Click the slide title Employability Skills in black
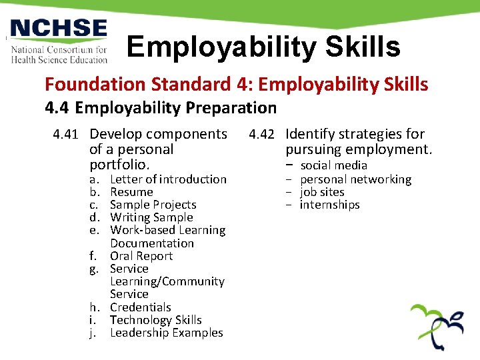click(x=263, y=47)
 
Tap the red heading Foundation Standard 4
click(x=236, y=85)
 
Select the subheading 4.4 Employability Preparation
click(x=160, y=107)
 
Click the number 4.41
click(x=67, y=134)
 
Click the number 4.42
click(x=262, y=134)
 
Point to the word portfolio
click(x=119, y=164)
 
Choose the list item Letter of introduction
click(x=168, y=179)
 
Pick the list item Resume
click(x=131, y=192)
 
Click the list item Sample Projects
click(x=153, y=205)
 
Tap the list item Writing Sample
click(x=151, y=217)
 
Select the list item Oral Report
click(x=141, y=256)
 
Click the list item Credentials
click(x=140, y=307)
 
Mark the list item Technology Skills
click(x=155, y=320)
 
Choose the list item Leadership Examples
click(x=166, y=333)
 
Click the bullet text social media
click(x=333, y=165)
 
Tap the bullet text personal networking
click(x=355, y=179)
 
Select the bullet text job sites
click(x=322, y=192)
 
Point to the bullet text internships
click(x=329, y=205)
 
